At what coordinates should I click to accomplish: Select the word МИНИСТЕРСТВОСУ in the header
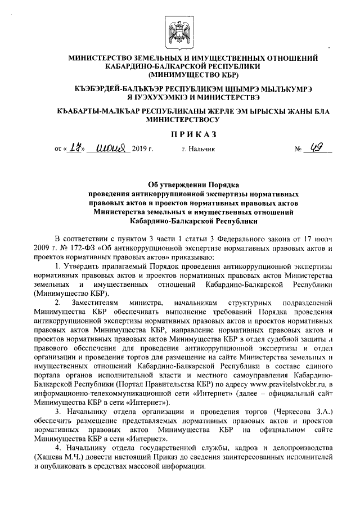[182, 120]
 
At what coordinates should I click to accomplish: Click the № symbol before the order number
[298, 150]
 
